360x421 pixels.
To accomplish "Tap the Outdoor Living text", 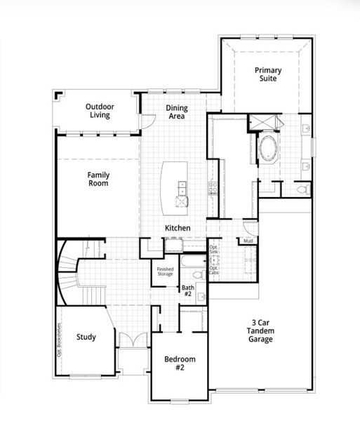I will point(100,111).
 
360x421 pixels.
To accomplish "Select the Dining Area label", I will point(175,112).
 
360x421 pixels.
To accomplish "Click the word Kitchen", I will point(178,229).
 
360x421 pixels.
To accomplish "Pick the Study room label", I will point(86,337).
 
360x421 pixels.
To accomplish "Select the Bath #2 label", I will point(187,290).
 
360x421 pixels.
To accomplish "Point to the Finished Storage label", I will point(165,271).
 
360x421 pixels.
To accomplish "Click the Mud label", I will point(248,241).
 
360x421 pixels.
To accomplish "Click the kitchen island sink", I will point(182,187).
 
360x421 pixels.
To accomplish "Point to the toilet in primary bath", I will point(302,189).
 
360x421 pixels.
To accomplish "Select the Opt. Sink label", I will point(214,250).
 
